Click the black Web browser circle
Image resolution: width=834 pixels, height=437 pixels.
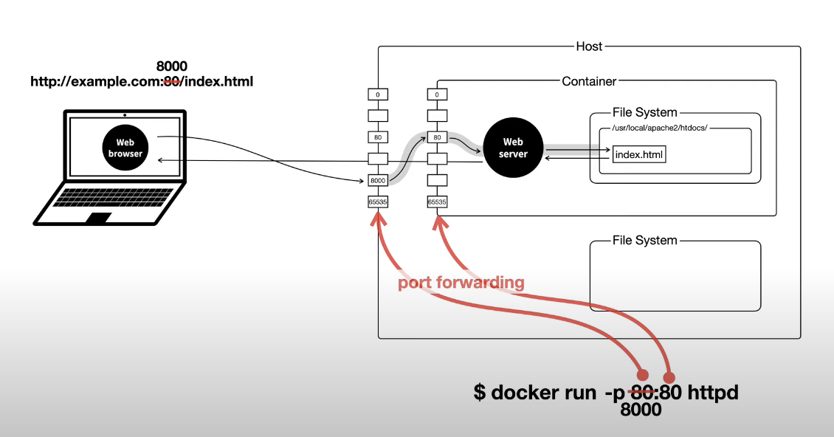coord(125,148)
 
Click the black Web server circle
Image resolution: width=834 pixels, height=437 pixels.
coord(513,148)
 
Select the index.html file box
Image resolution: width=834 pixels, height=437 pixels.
coord(639,154)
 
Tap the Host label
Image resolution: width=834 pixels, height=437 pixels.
coord(589,47)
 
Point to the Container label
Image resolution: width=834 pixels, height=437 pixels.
coord(589,81)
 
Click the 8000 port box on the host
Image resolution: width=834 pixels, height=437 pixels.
coord(378,180)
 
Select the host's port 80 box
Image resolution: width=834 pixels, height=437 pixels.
coord(378,137)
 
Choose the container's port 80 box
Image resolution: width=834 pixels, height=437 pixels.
coord(437,137)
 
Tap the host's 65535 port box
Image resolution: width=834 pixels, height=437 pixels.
coord(378,202)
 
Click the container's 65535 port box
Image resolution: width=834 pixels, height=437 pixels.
coord(437,202)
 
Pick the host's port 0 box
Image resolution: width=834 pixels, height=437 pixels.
coord(378,94)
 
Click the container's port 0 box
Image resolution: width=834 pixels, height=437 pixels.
coord(437,94)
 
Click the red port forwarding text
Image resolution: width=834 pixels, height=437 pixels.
coord(461,283)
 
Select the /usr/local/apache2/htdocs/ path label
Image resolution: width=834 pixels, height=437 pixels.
coord(660,128)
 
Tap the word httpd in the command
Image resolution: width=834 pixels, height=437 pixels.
coord(713,393)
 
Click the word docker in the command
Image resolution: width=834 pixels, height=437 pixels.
coord(544,393)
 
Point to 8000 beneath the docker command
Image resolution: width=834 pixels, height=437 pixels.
coord(641,410)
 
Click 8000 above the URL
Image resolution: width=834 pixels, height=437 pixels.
coord(172,66)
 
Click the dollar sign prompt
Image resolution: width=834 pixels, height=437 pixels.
coord(480,392)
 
